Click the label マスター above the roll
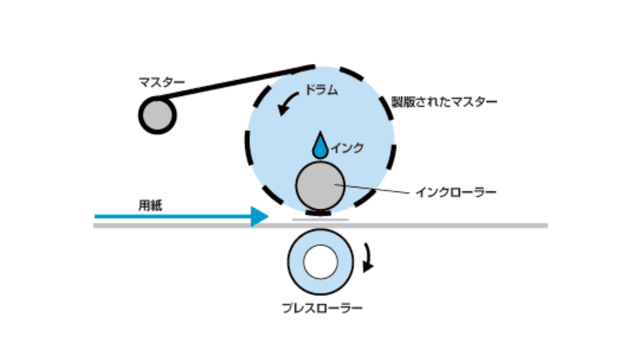pos(161,83)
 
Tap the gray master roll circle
pos(157,115)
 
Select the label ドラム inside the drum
pos(321,90)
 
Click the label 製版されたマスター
pos(444,101)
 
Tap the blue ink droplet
pos(320,146)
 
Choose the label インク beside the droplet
pos(347,148)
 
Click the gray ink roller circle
pos(321,186)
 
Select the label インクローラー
pos(456,192)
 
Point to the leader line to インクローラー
pos(372,189)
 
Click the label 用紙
pos(150,205)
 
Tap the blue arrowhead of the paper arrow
pos(259,216)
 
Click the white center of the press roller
pos(321,262)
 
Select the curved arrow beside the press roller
pos(368,258)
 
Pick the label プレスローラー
pos(322,308)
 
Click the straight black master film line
pos(233,83)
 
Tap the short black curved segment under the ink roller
pos(319,213)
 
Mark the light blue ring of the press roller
pos(295,262)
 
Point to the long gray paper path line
pos(321,226)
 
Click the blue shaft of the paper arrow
pos(173,216)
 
